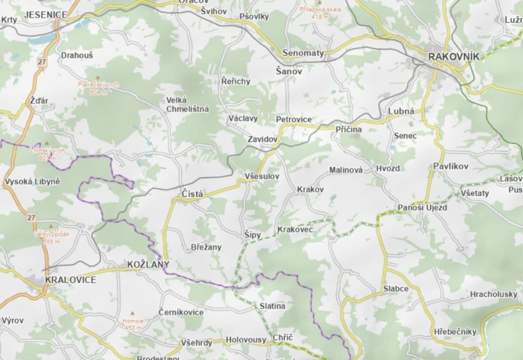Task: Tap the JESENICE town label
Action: click(45, 15)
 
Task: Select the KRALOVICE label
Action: click(71, 280)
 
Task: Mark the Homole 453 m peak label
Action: click(133, 324)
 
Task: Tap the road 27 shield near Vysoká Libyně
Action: click(31, 217)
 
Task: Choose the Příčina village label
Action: click(349, 129)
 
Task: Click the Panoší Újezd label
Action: click(422, 207)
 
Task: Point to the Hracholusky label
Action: click(494, 294)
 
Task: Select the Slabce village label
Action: click(396, 288)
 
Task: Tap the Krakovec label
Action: click(295, 229)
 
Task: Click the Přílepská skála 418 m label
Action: click(320, 12)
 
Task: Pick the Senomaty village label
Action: click(303, 53)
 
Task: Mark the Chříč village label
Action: click(283, 337)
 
